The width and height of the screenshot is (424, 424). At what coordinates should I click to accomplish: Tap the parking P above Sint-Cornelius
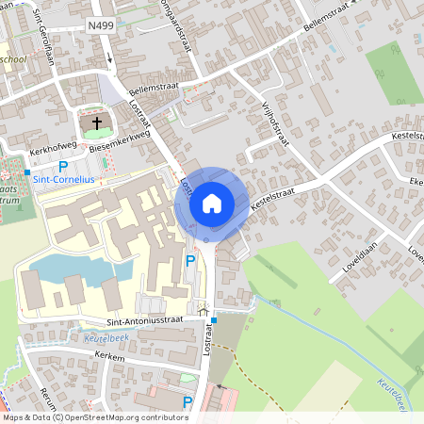click(63, 166)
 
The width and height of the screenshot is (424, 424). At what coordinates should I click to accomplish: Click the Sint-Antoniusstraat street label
click(118, 322)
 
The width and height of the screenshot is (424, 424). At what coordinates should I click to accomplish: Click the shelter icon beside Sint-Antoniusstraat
click(202, 308)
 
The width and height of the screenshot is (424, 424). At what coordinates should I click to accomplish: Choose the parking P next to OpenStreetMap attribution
click(188, 402)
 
